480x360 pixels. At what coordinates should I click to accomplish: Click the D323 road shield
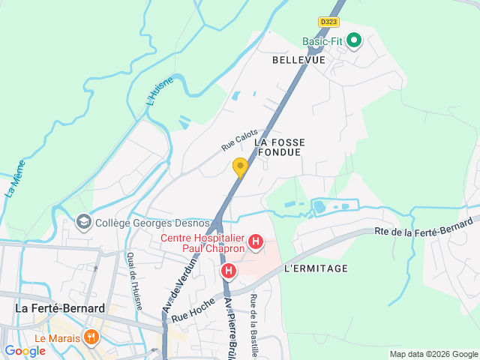[x=328, y=22]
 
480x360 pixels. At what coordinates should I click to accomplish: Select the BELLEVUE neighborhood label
[x=298, y=59]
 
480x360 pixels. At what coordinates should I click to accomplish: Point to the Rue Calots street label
[x=239, y=139]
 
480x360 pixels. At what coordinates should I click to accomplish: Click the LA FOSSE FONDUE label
[x=278, y=146]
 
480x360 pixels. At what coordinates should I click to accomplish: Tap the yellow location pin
[x=240, y=167]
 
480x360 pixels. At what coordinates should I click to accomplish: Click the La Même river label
[x=15, y=178]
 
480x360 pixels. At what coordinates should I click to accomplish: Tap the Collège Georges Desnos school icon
[x=83, y=222]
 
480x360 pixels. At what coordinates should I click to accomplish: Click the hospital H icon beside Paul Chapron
[x=256, y=241]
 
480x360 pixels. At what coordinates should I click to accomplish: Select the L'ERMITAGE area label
[x=316, y=268]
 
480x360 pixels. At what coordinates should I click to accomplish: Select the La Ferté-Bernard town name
[x=60, y=308]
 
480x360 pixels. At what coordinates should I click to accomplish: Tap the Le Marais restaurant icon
[x=91, y=337]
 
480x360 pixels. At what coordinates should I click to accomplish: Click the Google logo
[x=25, y=351]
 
